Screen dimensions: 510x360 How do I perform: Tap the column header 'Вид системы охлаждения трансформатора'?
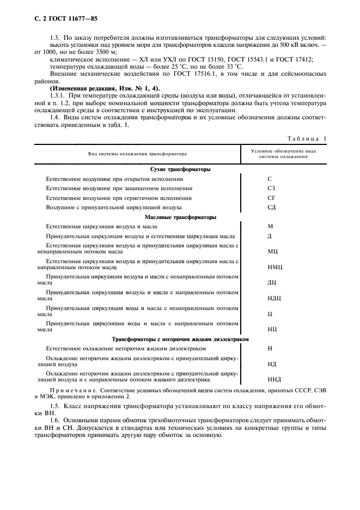pyautogui.click(x=137, y=154)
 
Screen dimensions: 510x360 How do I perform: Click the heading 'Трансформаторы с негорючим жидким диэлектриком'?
pyautogui.click(x=180, y=338)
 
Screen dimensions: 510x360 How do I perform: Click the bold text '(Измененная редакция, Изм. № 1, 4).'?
pyautogui.click(x=98, y=88)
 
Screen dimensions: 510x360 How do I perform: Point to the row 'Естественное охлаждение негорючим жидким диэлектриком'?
pyautogui.click(x=126, y=348)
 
